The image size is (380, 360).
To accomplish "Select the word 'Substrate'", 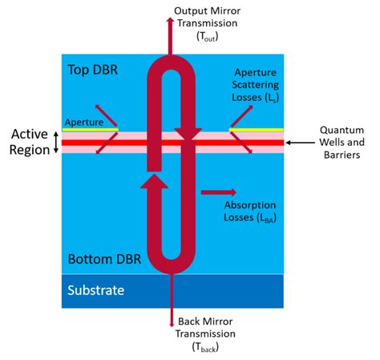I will (x=95, y=290).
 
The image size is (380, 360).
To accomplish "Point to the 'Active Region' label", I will (x=26, y=142).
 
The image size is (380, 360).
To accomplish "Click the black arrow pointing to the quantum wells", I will (x=301, y=143).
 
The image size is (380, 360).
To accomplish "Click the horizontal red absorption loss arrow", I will (x=219, y=192).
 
